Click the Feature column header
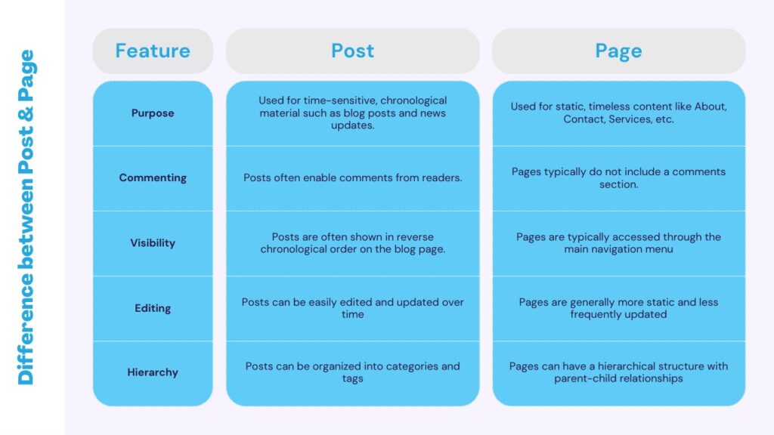(x=153, y=51)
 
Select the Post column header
(x=352, y=51)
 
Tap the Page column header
(x=618, y=51)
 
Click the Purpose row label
(x=153, y=113)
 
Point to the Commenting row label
(x=153, y=177)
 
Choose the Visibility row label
(x=153, y=242)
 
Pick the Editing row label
(x=153, y=308)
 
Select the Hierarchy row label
(x=153, y=372)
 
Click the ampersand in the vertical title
(x=26, y=113)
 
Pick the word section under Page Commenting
(x=618, y=184)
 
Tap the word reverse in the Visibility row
(x=416, y=236)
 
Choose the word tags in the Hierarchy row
(x=352, y=379)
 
